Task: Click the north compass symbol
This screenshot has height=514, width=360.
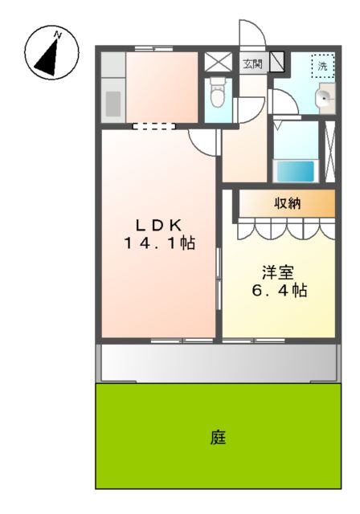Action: click(x=51, y=53)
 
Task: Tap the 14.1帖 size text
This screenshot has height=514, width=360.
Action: click(x=158, y=243)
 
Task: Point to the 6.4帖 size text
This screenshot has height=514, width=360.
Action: click(x=277, y=290)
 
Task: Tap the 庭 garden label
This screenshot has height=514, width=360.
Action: click(x=218, y=438)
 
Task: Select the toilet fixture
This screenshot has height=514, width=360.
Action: click(x=216, y=96)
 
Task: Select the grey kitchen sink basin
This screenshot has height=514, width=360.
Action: click(x=113, y=104)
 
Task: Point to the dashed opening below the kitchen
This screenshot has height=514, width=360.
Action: click(x=153, y=126)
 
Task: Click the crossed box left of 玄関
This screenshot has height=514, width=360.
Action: click(x=216, y=63)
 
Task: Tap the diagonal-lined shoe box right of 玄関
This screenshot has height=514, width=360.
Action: click(x=277, y=63)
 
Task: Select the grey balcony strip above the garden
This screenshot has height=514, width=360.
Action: click(x=217, y=364)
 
